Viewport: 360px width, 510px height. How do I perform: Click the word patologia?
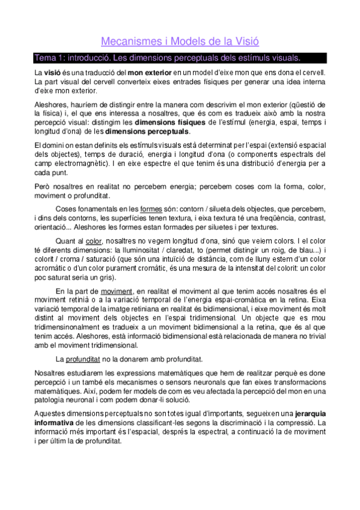coord(52,399)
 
